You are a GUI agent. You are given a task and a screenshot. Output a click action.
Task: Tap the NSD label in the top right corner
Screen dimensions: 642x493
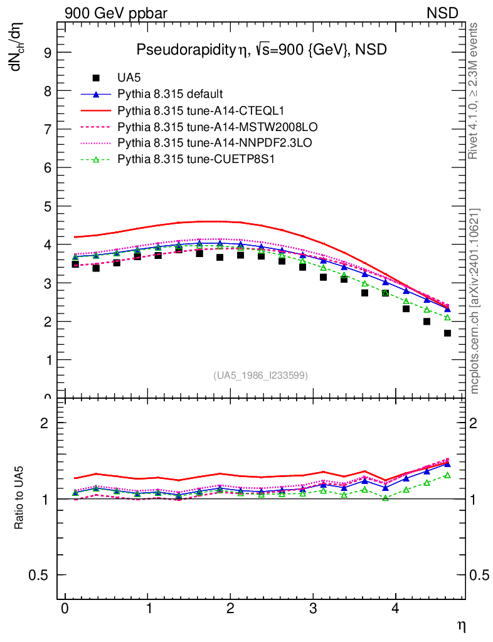click(x=443, y=12)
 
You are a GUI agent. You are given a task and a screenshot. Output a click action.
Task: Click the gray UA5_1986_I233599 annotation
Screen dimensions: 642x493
click(x=260, y=376)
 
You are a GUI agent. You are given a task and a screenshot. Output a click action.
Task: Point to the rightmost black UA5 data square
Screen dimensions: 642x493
click(x=447, y=333)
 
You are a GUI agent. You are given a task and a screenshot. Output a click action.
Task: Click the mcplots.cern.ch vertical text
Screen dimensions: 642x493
click(x=475, y=301)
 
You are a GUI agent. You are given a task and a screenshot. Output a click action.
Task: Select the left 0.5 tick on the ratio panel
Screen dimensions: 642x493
click(x=44, y=576)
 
